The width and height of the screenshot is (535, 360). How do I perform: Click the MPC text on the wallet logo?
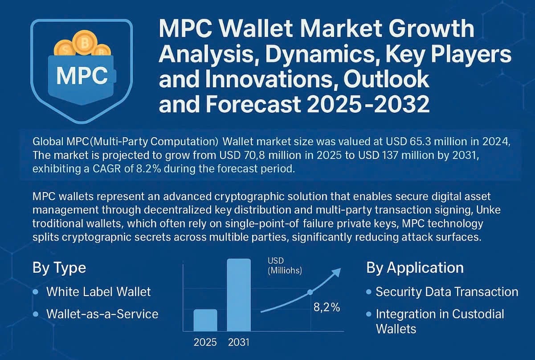82,76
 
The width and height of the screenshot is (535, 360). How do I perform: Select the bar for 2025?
205,320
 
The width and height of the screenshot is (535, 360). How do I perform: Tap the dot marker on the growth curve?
310,292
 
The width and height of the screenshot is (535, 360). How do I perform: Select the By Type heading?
59,268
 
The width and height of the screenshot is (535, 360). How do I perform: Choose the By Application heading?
415,268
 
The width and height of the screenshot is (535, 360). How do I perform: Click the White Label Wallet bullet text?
98,292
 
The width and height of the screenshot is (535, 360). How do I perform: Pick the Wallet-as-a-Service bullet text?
102,314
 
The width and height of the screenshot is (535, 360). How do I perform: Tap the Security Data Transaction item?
447,292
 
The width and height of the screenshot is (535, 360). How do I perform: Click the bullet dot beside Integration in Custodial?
368,314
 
